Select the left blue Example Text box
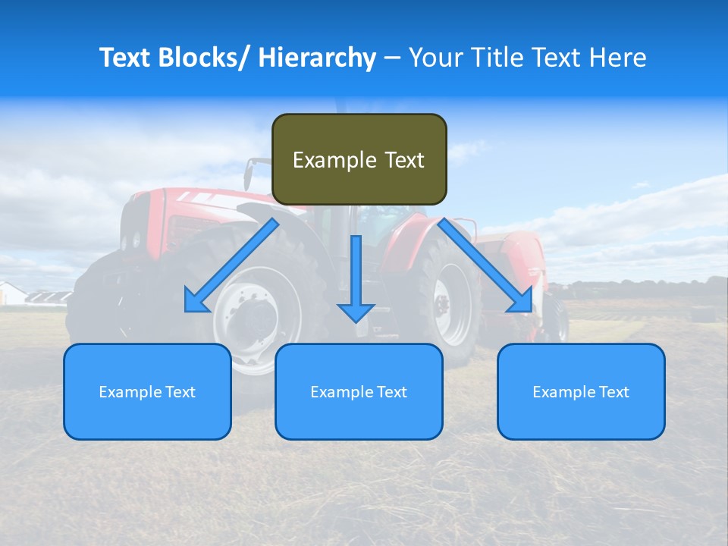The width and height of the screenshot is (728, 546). click(147, 391)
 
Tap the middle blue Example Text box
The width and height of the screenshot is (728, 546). click(359, 391)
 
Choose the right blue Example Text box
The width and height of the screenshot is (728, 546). click(581, 391)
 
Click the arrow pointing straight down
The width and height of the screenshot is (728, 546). click(356, 281)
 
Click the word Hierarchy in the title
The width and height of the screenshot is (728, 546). click(317, 58)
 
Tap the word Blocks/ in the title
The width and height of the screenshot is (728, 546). click(202, 58)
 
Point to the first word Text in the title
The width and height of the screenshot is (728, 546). click(124, 58)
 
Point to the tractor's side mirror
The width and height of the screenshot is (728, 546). click(248, 175)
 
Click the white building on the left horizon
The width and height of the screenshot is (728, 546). click(11, 293)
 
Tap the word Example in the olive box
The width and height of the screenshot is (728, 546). click(324, 160)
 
